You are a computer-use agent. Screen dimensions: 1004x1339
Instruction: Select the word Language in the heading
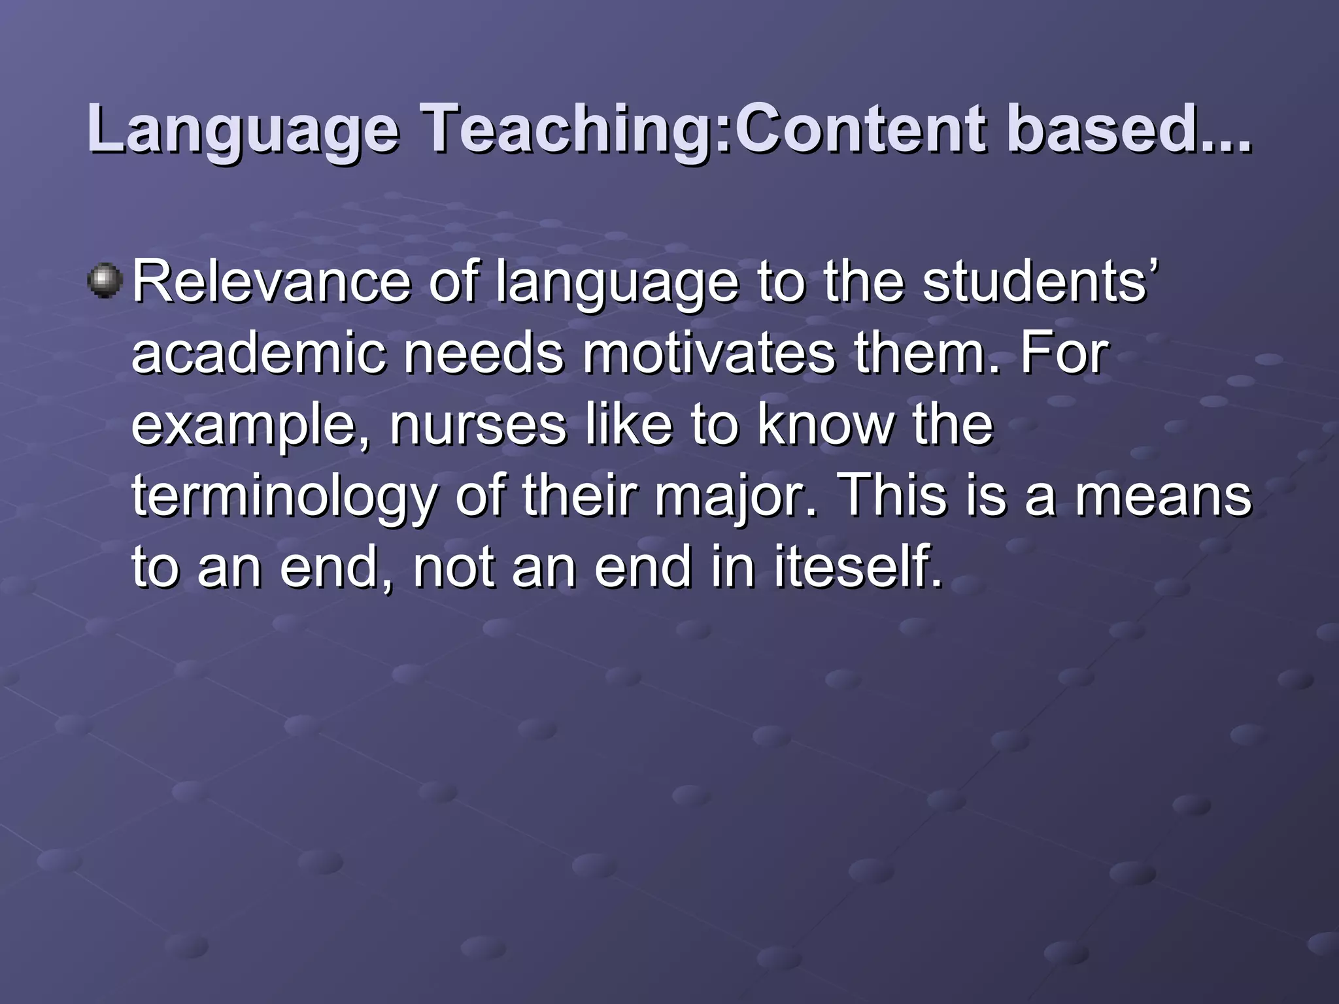click(x=243, y=131)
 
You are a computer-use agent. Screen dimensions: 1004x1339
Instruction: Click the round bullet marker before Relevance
click(x=105, y=282)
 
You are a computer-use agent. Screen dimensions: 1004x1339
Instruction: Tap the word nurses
click(x=478, y=426)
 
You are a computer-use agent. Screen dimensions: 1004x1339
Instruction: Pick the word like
click(x=628, y=426)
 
